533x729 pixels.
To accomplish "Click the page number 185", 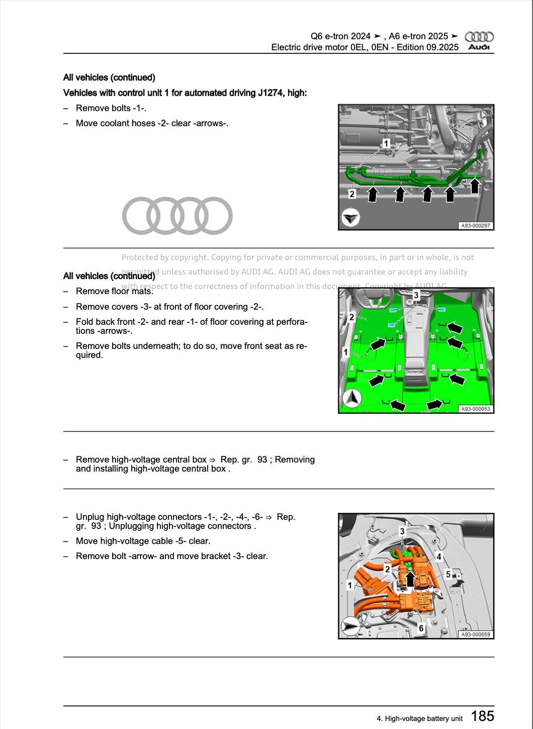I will [482, 715].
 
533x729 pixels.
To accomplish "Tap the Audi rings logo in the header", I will [479, 37].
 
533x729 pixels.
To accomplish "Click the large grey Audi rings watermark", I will [177, 216].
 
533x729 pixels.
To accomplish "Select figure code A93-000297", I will [475, 226].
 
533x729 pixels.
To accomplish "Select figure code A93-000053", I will [475, 409].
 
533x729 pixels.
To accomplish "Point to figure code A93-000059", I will [475, 634].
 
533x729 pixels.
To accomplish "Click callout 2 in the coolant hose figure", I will [352, 194].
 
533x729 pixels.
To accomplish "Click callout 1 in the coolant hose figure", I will [386, 144].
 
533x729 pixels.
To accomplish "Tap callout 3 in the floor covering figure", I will [416, 296].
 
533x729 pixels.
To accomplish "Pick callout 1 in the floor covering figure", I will [345, 352].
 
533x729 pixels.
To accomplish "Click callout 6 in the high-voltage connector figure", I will [421, 628].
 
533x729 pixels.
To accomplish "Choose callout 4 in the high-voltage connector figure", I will [439, 557].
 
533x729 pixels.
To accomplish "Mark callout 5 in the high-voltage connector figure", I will [448, 574].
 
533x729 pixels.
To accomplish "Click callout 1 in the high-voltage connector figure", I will [350, 585].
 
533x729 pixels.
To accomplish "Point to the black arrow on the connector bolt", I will [410, 579].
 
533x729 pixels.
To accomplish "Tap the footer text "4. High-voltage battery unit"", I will [419, 718].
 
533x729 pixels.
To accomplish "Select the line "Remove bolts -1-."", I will [111, 108].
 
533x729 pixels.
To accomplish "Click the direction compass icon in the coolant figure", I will [350, 218].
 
